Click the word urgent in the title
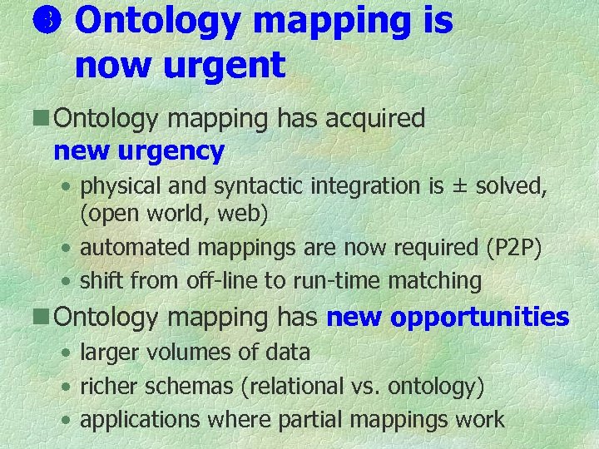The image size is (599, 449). coord(222,64)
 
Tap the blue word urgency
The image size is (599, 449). coord(171,151)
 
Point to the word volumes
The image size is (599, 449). coord(195,353)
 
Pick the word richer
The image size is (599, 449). coord(111,387)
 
